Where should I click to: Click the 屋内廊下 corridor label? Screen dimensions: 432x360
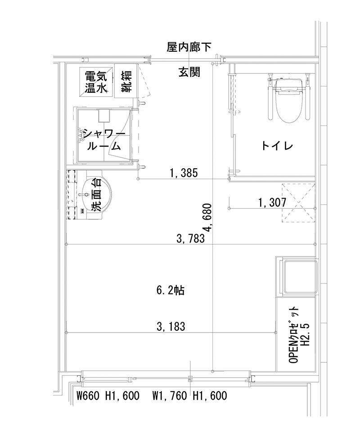[186, 46]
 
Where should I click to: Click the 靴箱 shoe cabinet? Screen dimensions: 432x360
[126, 81]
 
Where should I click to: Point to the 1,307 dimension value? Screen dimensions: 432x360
[272, 202]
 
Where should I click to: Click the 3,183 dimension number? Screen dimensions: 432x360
[171, 326]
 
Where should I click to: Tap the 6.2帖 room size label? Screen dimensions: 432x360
[171, 291]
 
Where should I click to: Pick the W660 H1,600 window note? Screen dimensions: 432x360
[108, 396]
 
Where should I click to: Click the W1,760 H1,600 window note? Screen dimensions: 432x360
[189, 396]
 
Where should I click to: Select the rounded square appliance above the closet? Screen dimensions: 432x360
[297, 276]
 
